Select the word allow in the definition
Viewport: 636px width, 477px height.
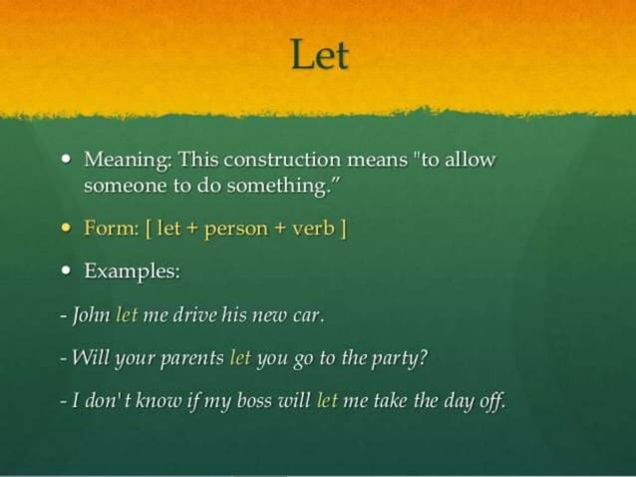click(468, 160)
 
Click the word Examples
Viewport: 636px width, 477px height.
click(123, 271)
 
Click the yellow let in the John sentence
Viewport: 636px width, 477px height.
click(127, 315)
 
